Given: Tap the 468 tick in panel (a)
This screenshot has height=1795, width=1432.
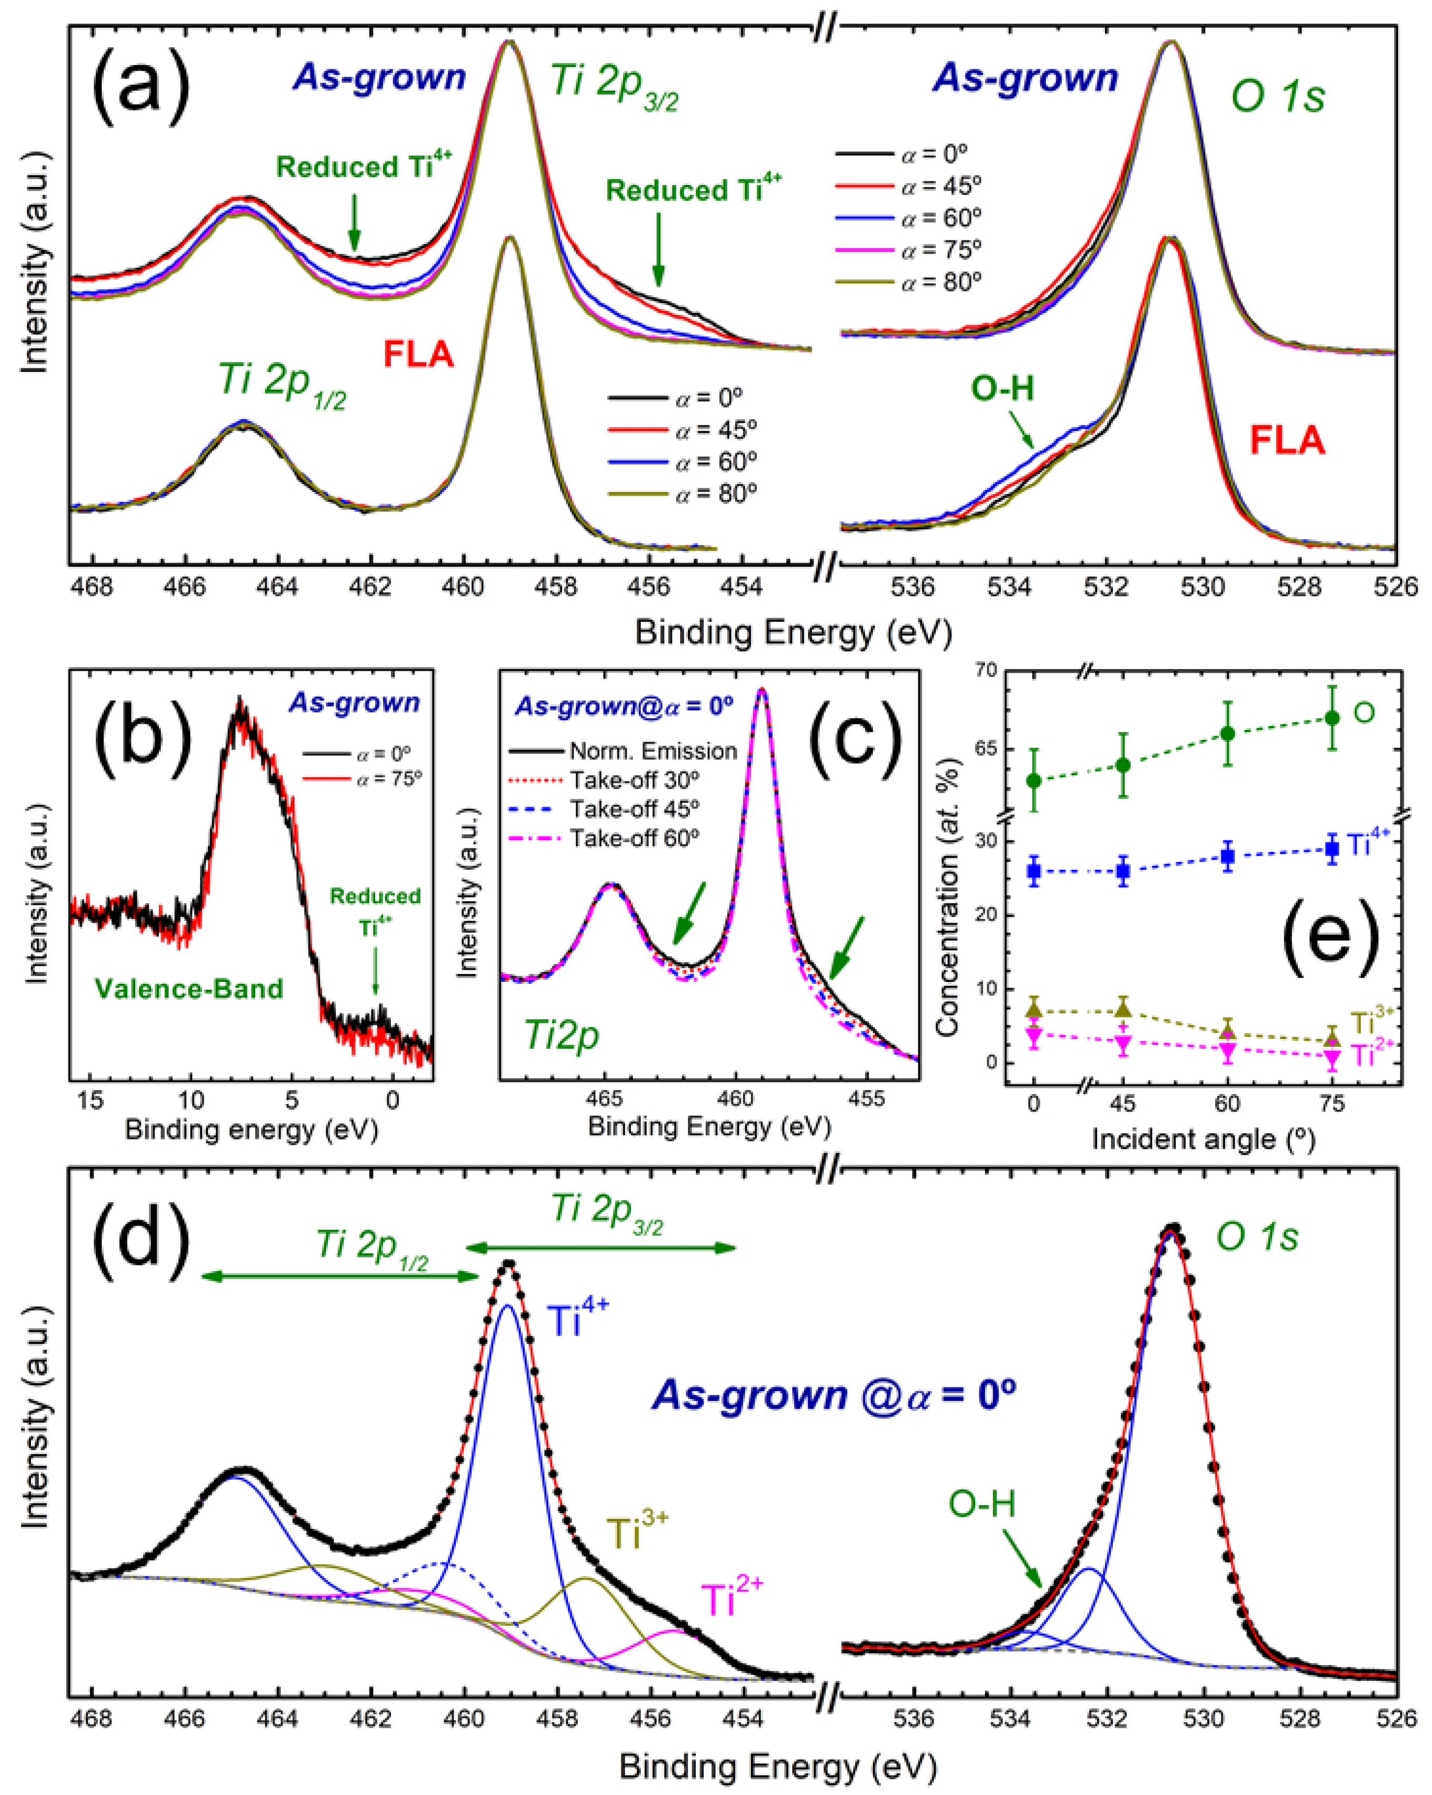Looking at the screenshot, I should [92, 587].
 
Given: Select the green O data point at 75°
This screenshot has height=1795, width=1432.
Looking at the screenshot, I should [1332, 718].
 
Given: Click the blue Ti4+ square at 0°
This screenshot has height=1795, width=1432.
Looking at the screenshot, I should [1034, 872].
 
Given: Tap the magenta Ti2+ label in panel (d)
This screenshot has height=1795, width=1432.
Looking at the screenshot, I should [731, 1600].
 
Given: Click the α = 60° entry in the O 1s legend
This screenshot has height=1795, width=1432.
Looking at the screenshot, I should [941, 218].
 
